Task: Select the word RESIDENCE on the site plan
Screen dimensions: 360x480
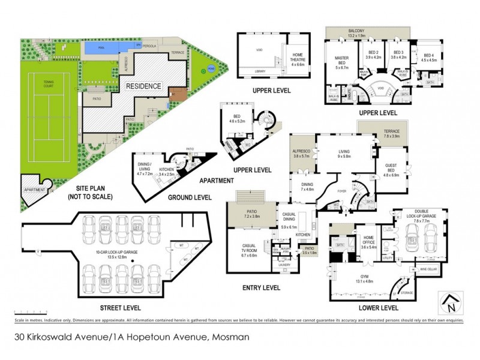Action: (x=143, y=86)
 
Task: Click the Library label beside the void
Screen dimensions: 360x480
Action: (x=260, y=71)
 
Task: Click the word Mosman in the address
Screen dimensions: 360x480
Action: (x=230, y=337)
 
